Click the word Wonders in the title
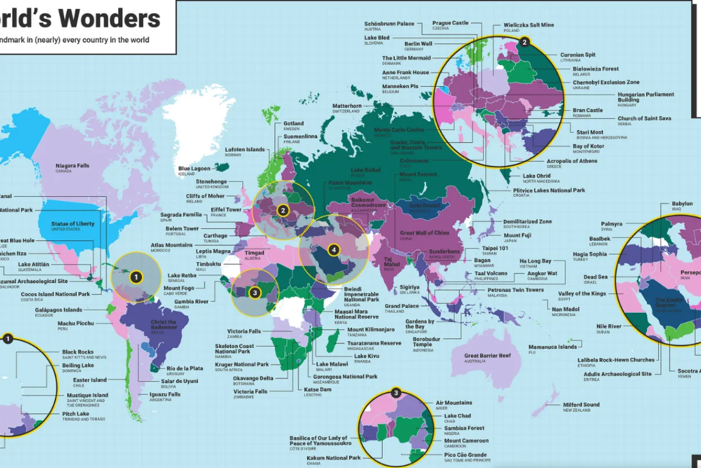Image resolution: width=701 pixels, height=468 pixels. click(109, 19)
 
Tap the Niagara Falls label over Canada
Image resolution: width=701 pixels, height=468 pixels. click(72, 166)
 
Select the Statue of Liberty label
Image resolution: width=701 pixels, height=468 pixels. click(73, 224)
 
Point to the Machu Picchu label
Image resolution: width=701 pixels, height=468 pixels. click(76, 324)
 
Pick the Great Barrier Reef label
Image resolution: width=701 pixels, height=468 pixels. click(487, 356)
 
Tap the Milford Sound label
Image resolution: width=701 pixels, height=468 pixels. click(581, 405)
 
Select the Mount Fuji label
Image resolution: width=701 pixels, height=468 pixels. click(517, 236)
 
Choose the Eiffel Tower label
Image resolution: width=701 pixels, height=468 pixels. click(226, 210)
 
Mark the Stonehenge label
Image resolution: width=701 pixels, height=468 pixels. click(211, 182)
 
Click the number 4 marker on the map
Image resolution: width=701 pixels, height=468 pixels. click(334, 249)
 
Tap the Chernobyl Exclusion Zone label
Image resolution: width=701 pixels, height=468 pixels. click(606, 82)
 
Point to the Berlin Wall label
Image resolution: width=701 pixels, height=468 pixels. click(418, 44)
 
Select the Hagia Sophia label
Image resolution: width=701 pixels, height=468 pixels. click(590, 254)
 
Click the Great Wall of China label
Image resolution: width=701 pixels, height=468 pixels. click(424, 233)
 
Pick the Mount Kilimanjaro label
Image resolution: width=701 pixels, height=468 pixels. click(371, 330)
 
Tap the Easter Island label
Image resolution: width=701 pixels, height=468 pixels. click(91, 380)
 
